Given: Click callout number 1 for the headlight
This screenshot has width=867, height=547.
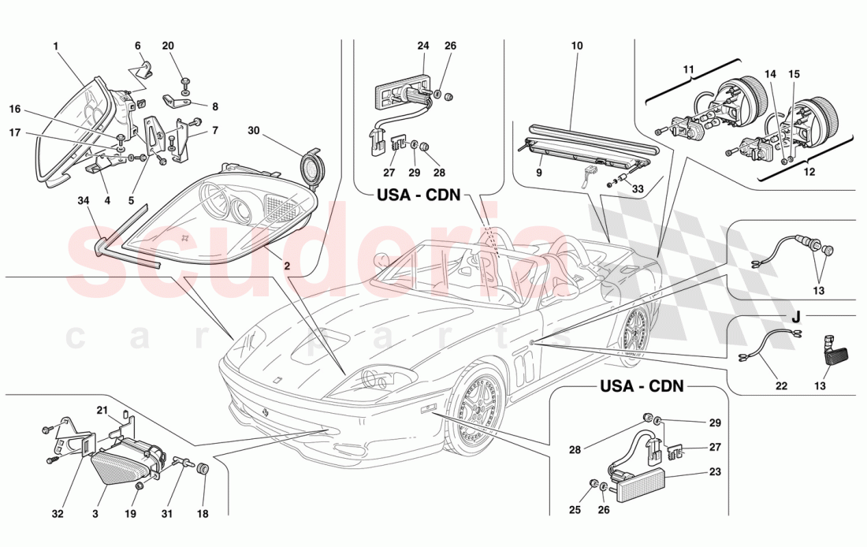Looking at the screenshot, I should coord(56,46).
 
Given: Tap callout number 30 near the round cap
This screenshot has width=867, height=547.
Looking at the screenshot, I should coord(253,130).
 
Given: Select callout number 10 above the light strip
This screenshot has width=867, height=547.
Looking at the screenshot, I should coord(577,46).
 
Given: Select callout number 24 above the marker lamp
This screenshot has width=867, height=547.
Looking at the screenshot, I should coord(422,46).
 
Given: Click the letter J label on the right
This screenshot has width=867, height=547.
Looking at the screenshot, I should coord(796,318).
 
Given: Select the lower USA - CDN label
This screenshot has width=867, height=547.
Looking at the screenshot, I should coord(642,387).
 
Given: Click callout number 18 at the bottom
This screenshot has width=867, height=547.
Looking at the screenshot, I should coord(203,515).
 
